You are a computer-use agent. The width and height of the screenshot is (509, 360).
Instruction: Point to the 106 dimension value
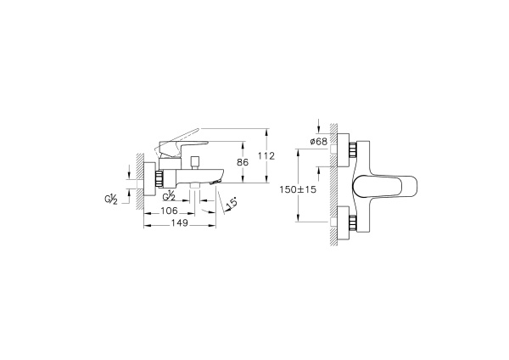pyautogui.click(x=168, y=211)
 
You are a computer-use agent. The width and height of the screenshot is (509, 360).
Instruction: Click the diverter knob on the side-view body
pyautogui.click(x=194, y=161)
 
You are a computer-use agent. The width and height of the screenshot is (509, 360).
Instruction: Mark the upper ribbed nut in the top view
pyautogui.click(x=350, y=150)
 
